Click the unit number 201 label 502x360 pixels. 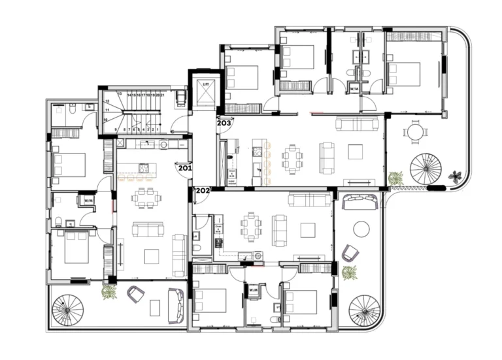coord(184,168)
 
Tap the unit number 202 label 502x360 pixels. coord(203,191)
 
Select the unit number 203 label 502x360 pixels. coord(224,122)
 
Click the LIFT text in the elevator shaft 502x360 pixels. coord(205,84)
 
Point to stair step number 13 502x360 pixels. coord(120,94)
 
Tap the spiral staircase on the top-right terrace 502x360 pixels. coord(426,169)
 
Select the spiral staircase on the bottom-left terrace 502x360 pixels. coord(68,310)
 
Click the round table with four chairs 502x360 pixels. coord(415,133)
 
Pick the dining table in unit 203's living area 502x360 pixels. coord(292,157)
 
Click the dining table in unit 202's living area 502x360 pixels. coord(250,226)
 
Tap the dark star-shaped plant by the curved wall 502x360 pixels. coord(455,176)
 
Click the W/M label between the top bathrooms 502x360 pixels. coord(355,88)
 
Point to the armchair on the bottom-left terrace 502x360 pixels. coord(135,295)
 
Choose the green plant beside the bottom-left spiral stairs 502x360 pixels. coord(109,292)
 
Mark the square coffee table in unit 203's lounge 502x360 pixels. coord(355,152)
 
